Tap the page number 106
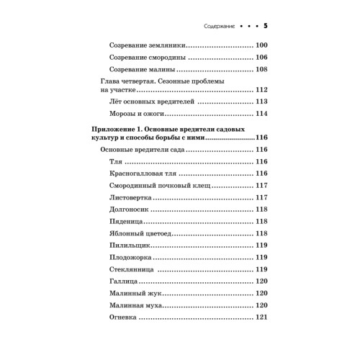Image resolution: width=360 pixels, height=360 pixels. click(x=261, y=58)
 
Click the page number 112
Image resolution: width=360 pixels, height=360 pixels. click(x=261, y=89)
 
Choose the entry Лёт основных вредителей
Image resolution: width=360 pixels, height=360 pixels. click(x=148, y=102)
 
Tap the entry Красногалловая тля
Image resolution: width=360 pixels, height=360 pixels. click(x=142, y=174)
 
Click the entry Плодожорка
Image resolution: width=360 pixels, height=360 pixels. click(x=130, y=257)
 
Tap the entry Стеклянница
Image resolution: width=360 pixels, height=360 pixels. click(x=132, y=269)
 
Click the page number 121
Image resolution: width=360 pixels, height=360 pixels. click(x=261, y=316)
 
